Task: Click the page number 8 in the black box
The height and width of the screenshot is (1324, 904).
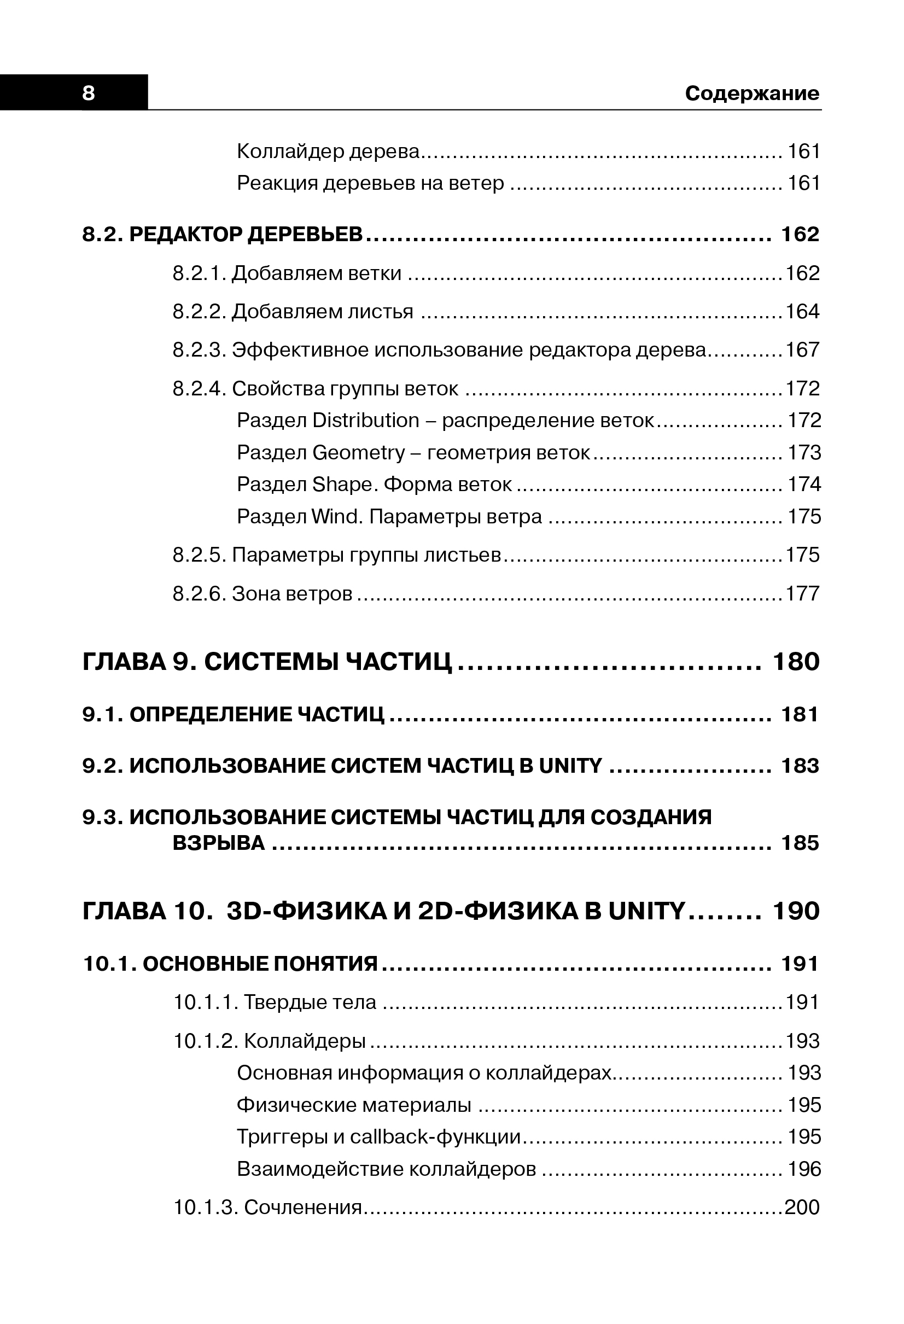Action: click(88, 93)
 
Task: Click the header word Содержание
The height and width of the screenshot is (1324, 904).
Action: click(752, 93)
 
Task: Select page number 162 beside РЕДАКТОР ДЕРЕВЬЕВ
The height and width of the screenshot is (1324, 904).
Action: click(800, 234)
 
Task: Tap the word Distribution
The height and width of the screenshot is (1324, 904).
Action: click(366, 421)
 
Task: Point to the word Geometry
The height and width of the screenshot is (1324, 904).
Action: click(358, 453)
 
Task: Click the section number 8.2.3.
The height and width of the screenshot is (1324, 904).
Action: click(200, 350)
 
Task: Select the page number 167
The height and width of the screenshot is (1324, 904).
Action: click(802, 350)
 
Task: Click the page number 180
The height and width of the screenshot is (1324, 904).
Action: click(796, 662)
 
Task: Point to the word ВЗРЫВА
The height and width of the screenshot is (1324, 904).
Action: click(219, 843)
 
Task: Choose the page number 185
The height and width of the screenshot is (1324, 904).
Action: click(800, 843)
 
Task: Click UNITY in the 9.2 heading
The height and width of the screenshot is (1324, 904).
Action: click(570, 766)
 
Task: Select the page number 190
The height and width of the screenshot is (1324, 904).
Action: click(796, 912)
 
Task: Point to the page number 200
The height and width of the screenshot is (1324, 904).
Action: click(802, 1207)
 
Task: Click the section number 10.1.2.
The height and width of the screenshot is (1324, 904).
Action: click(206, 1041)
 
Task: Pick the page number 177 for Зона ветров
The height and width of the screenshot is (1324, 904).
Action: click(802, 593)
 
